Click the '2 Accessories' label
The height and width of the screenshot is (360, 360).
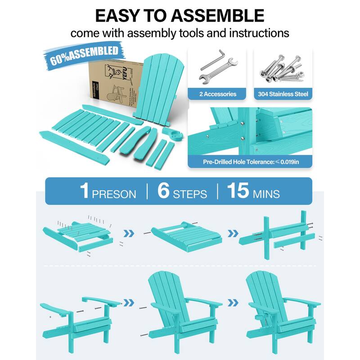pyautogui.click(x=218, y=94)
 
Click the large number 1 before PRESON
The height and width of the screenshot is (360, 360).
pyautogui.click(x=84, y=191)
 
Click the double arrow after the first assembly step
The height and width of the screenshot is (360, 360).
pyautogui.click(x=130, y=233)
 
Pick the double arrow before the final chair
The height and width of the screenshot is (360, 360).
pyautogui.click(x=233, y=302)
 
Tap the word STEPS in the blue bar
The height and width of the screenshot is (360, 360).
pyautogui.click(x=190, y=194)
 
